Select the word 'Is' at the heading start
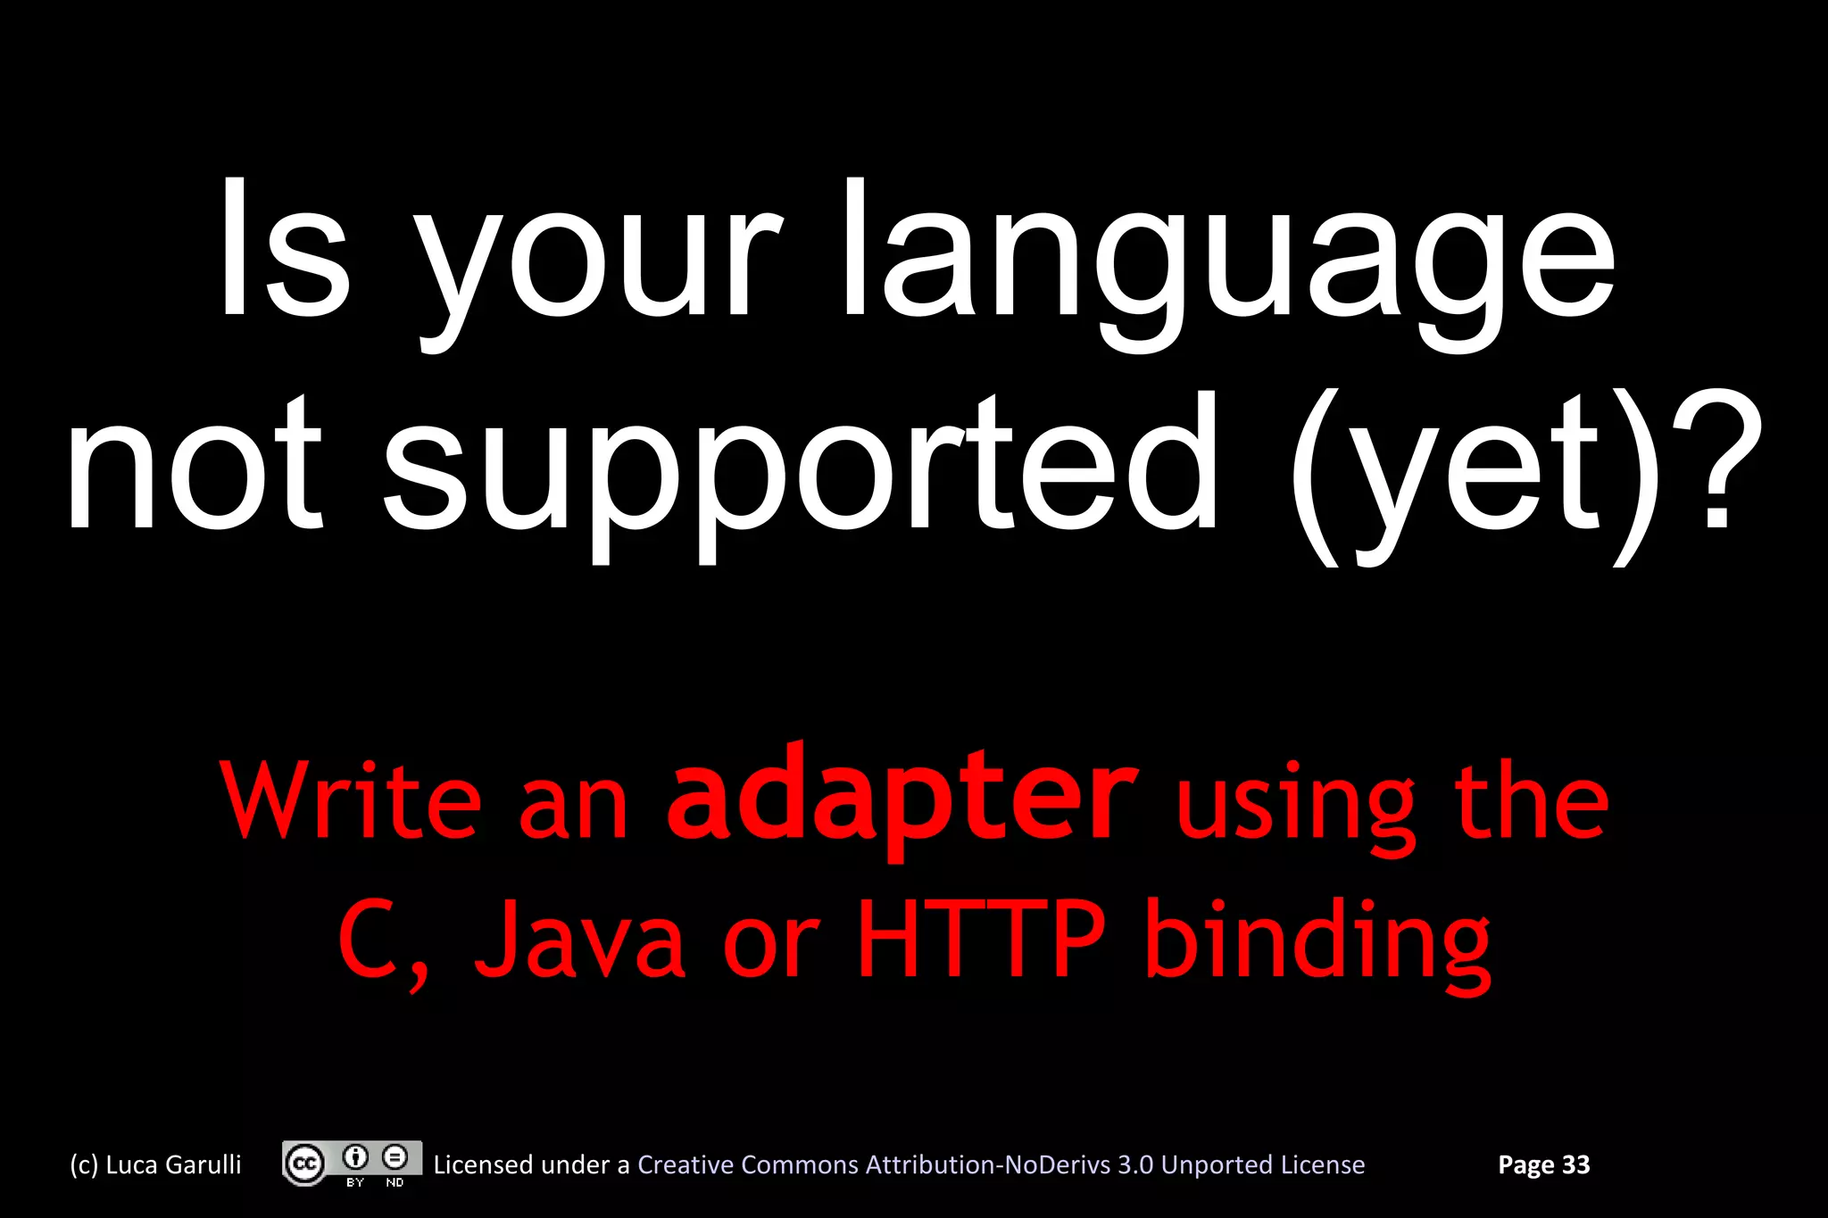(284, 250)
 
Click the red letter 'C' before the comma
(368, 940)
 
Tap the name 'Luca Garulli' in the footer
(173, 1164)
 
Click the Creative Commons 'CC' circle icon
(304, 1164)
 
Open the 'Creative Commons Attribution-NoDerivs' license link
(1001, 1164)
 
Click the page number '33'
(1575, 1164)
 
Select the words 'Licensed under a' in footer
(531, 1164)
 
